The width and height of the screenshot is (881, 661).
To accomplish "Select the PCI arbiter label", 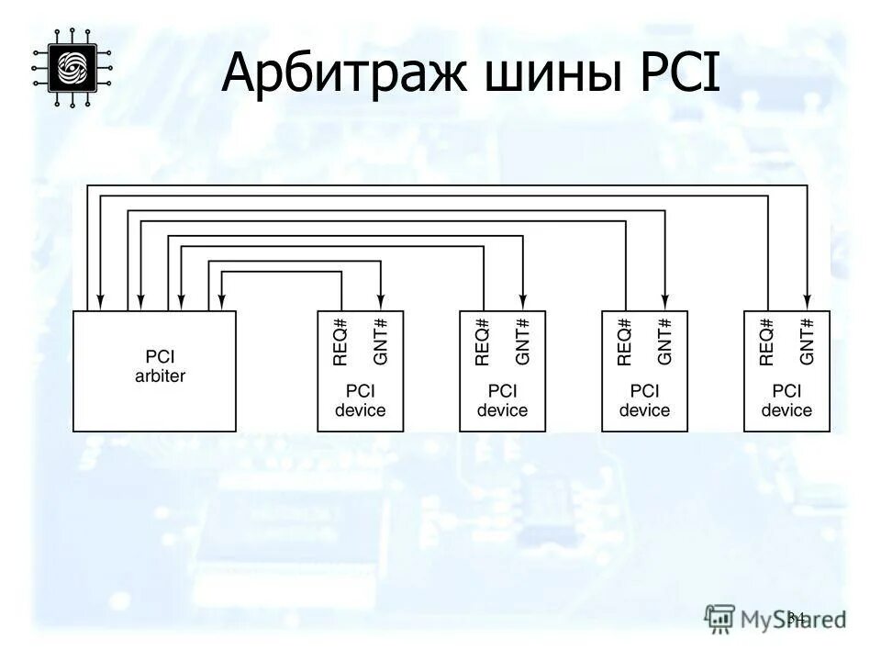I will tap(154, 366).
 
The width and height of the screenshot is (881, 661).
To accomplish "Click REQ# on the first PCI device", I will tap(340, 342).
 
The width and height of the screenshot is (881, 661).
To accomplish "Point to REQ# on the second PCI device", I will tap(483, 342).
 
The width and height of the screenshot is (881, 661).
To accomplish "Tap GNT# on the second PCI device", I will tap(523, 342).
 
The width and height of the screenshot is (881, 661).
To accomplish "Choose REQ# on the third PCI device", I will tap(625, 342).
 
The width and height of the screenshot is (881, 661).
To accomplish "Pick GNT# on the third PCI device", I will tap(665, 342).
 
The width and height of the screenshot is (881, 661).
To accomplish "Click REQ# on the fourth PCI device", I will tap(767, 342).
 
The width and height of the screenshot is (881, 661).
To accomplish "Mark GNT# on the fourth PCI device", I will tap(808, 342).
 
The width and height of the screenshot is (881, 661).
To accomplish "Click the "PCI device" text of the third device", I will tap(644, 400).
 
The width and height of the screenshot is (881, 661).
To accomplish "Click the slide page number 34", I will tap(796, 617).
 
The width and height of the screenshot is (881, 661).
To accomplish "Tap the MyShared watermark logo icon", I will tap(720, 617).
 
